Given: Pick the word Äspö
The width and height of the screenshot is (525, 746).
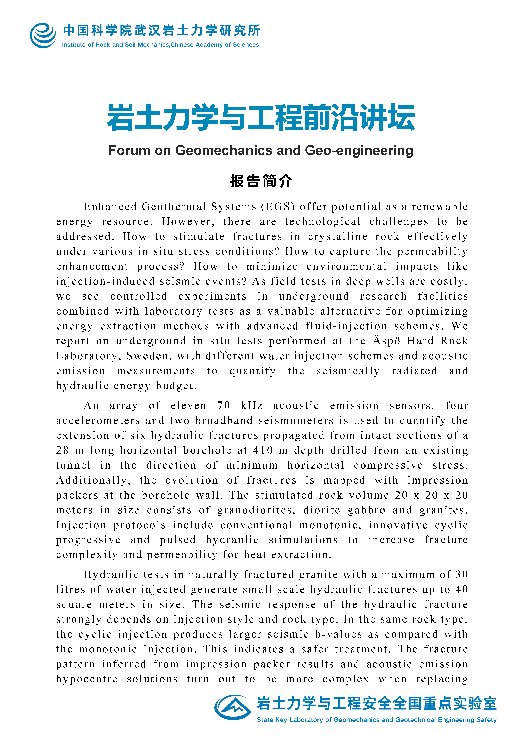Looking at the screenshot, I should click(386, 341).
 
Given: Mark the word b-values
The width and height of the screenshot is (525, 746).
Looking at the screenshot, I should click(338, 634).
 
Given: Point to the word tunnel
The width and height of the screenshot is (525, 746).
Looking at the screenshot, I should click(73, 465).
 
